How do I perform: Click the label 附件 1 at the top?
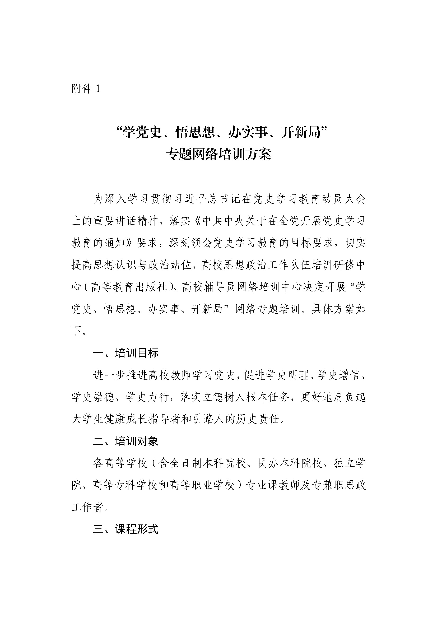(86, 89)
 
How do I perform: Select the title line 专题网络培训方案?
(218, 154)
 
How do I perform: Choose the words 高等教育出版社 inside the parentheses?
(129, 287)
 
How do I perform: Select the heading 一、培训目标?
(126, 353)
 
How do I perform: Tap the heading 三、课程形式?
(126, 529)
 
